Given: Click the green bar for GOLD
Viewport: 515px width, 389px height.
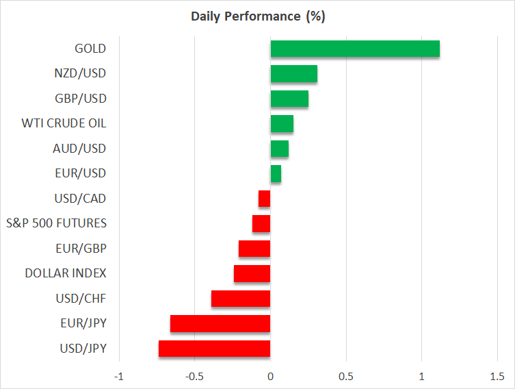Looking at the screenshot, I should click(355, 49).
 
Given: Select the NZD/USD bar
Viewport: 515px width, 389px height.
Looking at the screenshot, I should click(293, 74).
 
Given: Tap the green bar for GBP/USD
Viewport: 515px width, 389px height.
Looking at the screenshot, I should click(289, 99).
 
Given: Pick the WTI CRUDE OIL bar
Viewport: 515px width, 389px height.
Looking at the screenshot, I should click(282, 124).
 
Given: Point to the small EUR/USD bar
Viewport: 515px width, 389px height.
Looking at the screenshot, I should click(276, 174).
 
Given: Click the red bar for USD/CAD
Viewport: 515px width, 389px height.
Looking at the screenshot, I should click(265, 199).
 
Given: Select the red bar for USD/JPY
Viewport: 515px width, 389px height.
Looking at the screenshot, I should click(215, 349).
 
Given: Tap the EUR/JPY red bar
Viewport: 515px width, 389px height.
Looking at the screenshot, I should click(220, 323).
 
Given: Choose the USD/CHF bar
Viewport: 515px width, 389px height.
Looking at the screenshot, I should click(241, 299).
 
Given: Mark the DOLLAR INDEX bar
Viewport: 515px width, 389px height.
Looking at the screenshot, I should click(252, 273).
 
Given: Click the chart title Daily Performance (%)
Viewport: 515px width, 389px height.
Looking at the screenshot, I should click(257, 16).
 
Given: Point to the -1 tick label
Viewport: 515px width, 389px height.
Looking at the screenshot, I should click(119, 376).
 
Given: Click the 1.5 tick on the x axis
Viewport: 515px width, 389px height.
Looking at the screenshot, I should click(497, 376).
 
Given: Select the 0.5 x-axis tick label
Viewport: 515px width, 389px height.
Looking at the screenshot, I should click(346, 376).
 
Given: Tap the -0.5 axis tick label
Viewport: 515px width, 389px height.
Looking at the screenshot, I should click(194, 376).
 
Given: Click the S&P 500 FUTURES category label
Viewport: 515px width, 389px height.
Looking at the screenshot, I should click(56, 223).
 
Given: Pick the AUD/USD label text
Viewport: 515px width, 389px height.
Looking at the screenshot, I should click(79, 149).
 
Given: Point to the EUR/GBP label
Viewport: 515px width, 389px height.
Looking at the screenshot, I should click(80, 249).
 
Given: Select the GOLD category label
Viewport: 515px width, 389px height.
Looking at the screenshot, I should click(90, 49).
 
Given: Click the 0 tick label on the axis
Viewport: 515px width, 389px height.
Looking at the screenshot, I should click(270, 376).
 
